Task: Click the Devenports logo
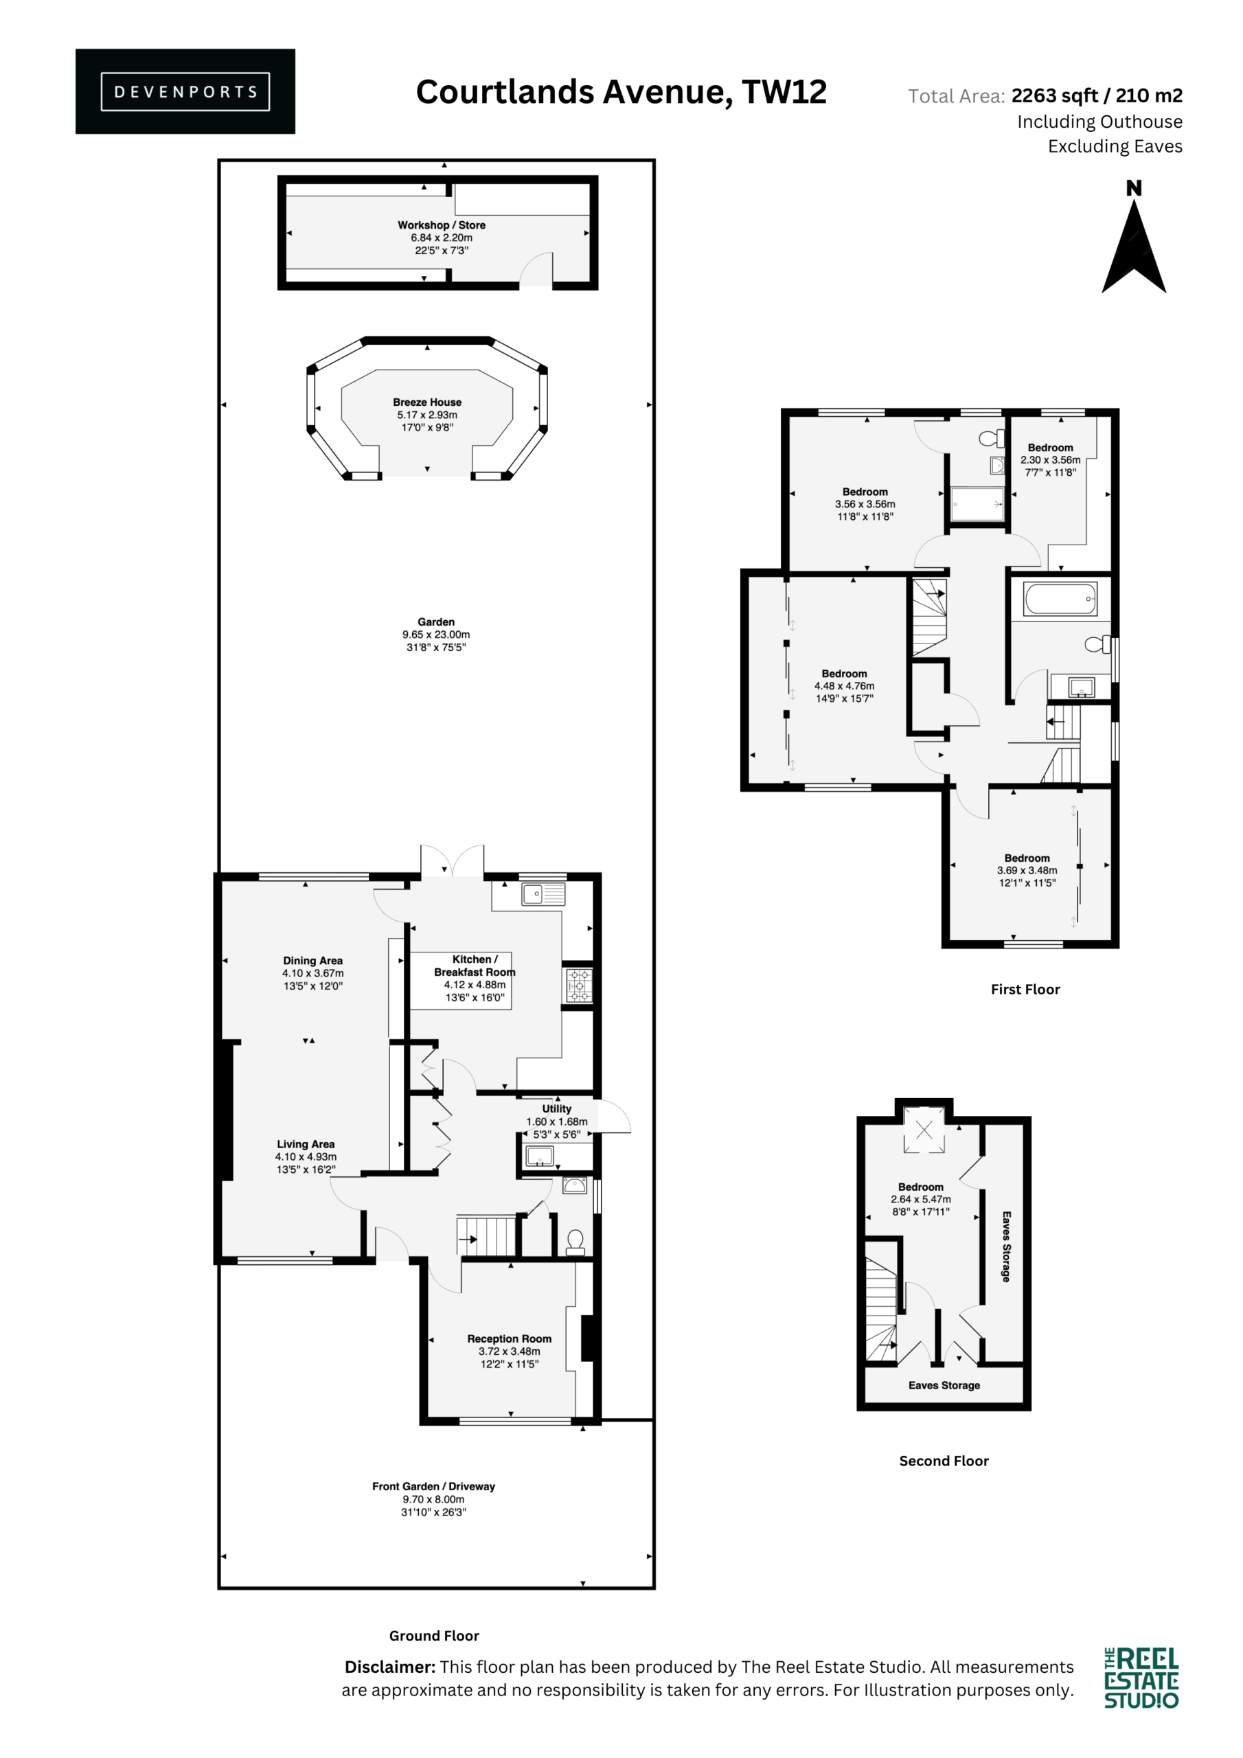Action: pyautogui.click(x=185, y=91)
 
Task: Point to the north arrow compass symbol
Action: pyautogui.click(x=1134, y=237)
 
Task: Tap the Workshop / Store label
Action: pyautogui.click(x=441, y=225)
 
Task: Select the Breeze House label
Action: pyautogui.click(x=427, y=402)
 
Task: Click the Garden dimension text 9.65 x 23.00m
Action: pyautogui.click(x=436, y=635)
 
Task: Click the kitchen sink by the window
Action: pyautogui.click(x=543, y=893)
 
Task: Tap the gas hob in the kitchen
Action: pyautogui.click(x=578, y=985)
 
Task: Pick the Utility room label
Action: pyautogui.click(x=557, y=1108)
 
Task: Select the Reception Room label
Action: pyautogui.click(x=510, y=1338)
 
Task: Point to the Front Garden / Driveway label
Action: pyautogui.click(x=433, y=1486)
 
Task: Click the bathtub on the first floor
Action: pyautogui.click(x=1061, y=599)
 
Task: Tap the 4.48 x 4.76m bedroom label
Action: pyautogui.click(x=844, y=686)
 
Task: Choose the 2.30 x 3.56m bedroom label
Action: pyautogui.click(x=1050, y=460)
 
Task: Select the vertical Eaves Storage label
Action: pyautogui.click(x=1006, y=1246)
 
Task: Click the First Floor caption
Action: pyautogui.click(x=1025, y=990)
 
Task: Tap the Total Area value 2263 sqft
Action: pyautogui.click(x=1055, y=95)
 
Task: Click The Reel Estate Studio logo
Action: pyautogui.click(x=1141, y=1678)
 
